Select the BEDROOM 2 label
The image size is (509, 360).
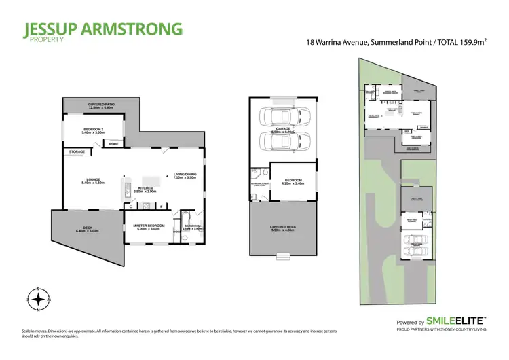(94, 130)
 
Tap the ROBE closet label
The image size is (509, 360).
(114, 144)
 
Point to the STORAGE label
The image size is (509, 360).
(76, 152)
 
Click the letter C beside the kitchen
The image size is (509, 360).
(130, 205)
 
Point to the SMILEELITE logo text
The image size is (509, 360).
(457, 321)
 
